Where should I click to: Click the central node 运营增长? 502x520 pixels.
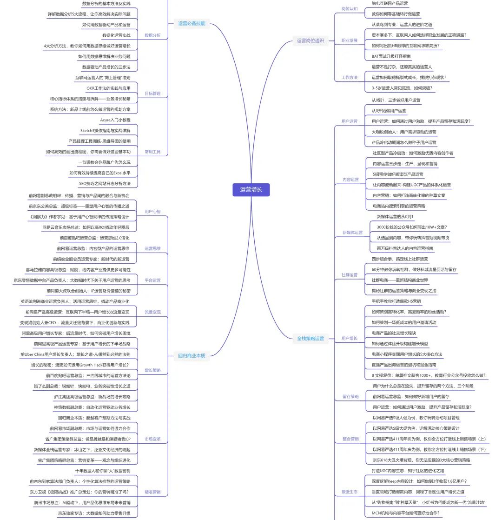click(x=251, y=189)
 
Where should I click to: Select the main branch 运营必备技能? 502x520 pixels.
click(x=191, y=23)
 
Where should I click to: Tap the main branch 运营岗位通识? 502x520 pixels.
click(x=310, y=40)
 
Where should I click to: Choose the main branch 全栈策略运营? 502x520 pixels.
click(x=310, y=338)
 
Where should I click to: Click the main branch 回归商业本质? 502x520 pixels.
click(x=192, y=356)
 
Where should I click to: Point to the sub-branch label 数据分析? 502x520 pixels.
click(x=152, y=35)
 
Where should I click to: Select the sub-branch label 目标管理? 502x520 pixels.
click(x=152, y=93)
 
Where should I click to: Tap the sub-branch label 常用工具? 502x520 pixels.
click(x=152, y=152)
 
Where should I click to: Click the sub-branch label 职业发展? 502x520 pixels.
click(x=350, y=40)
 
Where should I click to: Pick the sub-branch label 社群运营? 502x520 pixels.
click(x=350, y=275)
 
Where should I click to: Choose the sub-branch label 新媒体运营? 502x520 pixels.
click(x=352, y=232)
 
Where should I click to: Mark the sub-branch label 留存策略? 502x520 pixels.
click(x=350, y=396)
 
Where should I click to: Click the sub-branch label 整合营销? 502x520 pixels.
click(x=350, y=439)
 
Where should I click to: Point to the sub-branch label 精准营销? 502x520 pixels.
click(x=152, y=492)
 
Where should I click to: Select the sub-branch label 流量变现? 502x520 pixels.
click(x=152, y=312)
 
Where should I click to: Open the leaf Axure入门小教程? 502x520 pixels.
click(x=115, y=120)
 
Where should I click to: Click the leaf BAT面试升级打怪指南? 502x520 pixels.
click(x=391, y=56)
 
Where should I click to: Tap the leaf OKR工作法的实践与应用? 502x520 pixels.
click(x=108, y=88)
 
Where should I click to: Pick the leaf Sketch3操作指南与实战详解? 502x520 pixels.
click(x=105, y=130)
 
